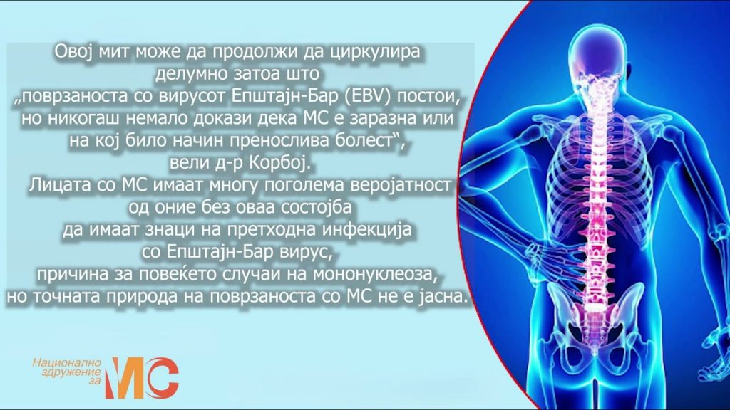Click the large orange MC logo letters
click(142, 377)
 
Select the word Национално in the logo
click(66, 362)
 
